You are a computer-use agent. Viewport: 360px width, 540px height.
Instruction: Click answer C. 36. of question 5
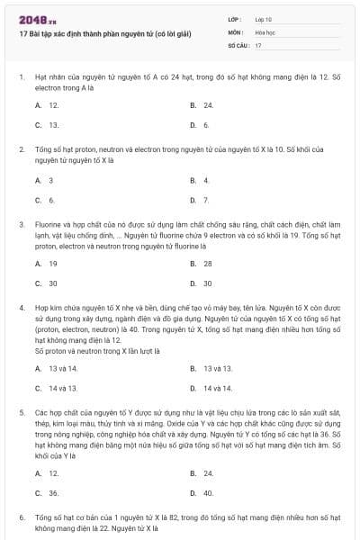[x=47, y=492]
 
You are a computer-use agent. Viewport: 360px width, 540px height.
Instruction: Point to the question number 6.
[x=21, y=518]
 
